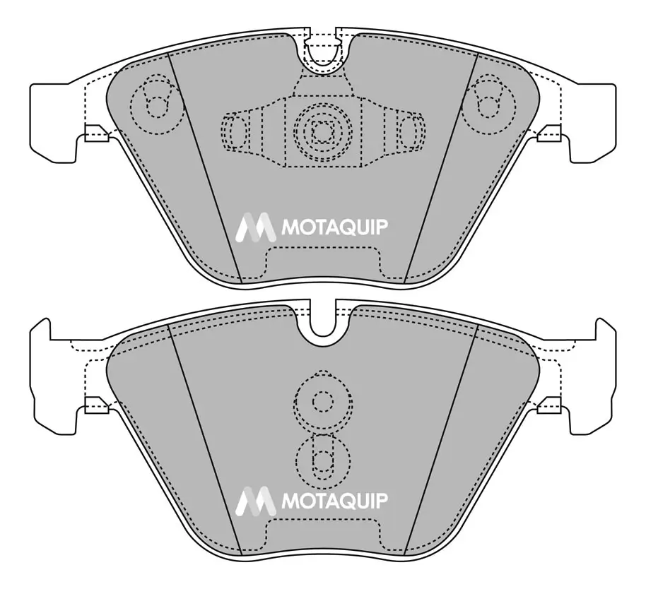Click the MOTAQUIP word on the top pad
[334, 227]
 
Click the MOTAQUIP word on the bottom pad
[334, 501]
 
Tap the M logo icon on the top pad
[255, 227]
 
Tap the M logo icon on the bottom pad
[255, 501]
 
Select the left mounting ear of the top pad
[54, 123]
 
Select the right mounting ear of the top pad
[592, 123]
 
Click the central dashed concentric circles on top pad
[323, 131]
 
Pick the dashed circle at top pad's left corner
[157, 105]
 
